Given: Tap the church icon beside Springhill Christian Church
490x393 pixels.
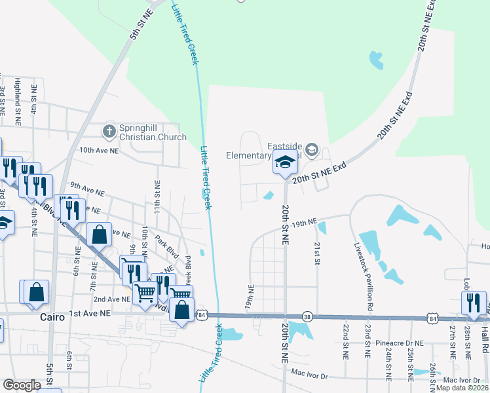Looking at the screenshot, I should [x=109, y=132].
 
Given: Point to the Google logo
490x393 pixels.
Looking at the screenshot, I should [x=22, y=385].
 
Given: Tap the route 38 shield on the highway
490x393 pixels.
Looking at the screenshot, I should [x=307, y=316].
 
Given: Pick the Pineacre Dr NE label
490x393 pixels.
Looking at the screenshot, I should [x=401, y=343].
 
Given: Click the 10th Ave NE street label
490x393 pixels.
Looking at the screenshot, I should [x=99, y=150].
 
